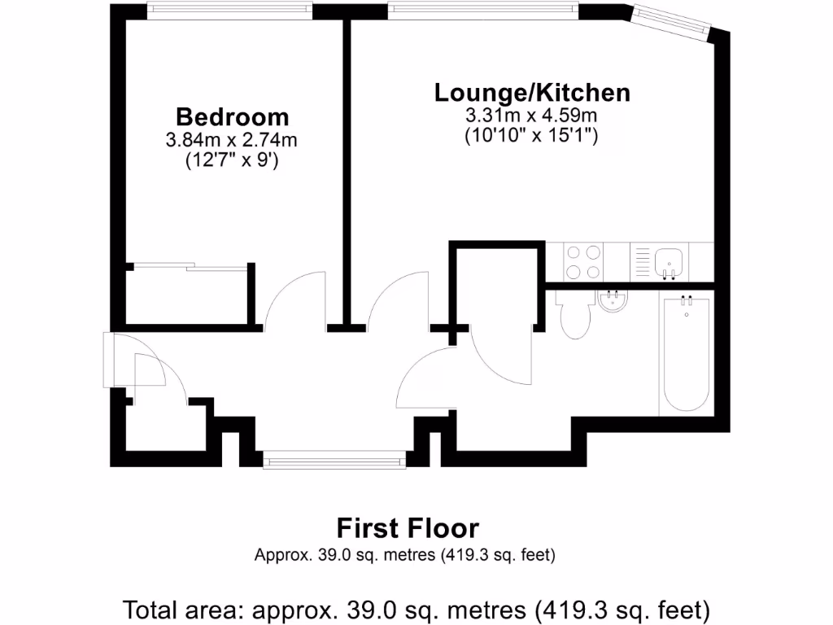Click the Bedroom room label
coord(232,116)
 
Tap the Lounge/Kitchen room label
coord(532,92)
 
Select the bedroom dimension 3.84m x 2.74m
coord(232,139)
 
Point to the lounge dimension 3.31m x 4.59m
coord(532,115)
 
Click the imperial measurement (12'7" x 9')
coord(232,160)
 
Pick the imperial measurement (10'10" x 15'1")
coord(532,136)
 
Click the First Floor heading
coord(408,528)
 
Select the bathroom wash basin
coord(613,301)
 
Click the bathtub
coord(687,354)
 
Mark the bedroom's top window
coord(230,11)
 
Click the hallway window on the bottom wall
coord(334,461)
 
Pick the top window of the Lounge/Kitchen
coord(482,11)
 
